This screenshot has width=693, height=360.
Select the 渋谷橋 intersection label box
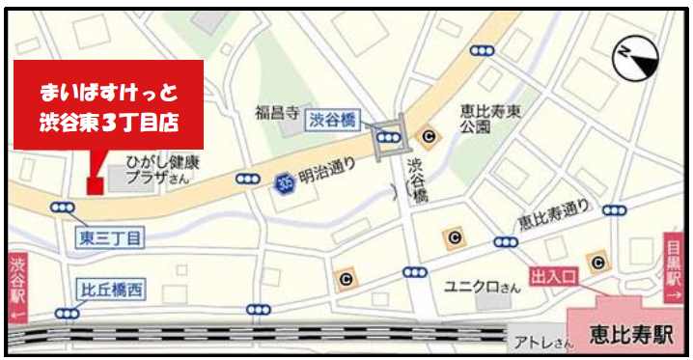point(334,119)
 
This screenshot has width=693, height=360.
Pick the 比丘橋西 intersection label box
point(110,288)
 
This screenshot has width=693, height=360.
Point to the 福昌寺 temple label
point(280,111)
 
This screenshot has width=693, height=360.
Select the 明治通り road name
point(326,176)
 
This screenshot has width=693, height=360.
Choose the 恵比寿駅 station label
point(633,336)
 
